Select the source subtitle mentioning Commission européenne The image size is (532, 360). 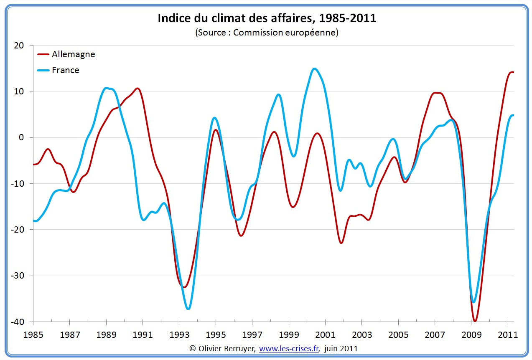(267, 33)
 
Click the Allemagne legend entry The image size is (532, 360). (73, 54)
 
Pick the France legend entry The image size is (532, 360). (65, 70)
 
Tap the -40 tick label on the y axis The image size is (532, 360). (18, 322)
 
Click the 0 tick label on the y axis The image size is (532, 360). (22, 137)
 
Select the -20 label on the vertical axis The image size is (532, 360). (18, 230)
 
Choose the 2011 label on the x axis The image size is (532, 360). (507, 335)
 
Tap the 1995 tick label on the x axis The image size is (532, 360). (215, 335)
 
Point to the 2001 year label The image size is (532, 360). (325, 335)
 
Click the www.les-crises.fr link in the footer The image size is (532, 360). (289, 348)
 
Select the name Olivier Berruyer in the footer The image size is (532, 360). (226, 348)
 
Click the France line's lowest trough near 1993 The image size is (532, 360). (188, 309)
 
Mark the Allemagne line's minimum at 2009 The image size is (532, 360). (475, 321)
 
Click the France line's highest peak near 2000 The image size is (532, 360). (314, 68)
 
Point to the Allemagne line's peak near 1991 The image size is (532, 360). (137, 89)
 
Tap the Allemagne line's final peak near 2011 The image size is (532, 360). (511, 72)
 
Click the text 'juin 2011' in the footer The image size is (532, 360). (341, 348)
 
